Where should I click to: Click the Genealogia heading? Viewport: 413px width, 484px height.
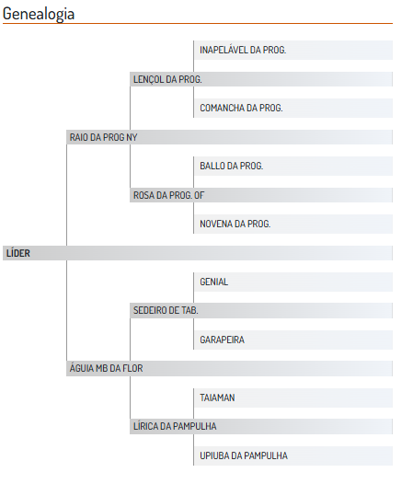coord(39,14)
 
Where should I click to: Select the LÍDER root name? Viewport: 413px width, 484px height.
coord(18,253)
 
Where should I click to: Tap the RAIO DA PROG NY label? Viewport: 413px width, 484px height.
coord(103,137)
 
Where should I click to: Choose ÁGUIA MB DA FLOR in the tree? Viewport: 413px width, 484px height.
coord(106,368)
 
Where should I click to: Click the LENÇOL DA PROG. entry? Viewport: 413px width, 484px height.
coord(167,80)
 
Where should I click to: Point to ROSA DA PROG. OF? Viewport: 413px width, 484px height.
coord(169,195)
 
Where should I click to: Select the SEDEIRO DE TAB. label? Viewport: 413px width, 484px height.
coord(166,310)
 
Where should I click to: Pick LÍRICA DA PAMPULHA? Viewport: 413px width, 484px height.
coord(175,427)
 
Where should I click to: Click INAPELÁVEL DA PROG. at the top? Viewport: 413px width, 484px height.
coord(243,50)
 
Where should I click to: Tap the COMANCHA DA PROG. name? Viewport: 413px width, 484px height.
coord(241,108)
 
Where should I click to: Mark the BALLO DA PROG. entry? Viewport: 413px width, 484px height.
coord(232,166)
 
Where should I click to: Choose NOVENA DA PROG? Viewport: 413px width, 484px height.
coord(235,224)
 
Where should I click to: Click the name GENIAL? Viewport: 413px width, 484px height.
coord(214,282)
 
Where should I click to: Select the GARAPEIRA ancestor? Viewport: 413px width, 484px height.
coord(223,340)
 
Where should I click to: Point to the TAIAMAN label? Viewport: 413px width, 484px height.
coord(217,398)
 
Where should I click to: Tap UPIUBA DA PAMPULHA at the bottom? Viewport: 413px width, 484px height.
coord(244,455)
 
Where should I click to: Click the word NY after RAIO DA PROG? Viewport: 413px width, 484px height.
coord(132,137)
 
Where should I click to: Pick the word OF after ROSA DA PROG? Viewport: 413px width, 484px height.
coord(199,195)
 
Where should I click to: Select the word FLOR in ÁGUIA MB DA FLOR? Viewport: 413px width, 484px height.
coord(132,368)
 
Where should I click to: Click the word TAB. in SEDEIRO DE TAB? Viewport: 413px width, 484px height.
coord(189,310)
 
